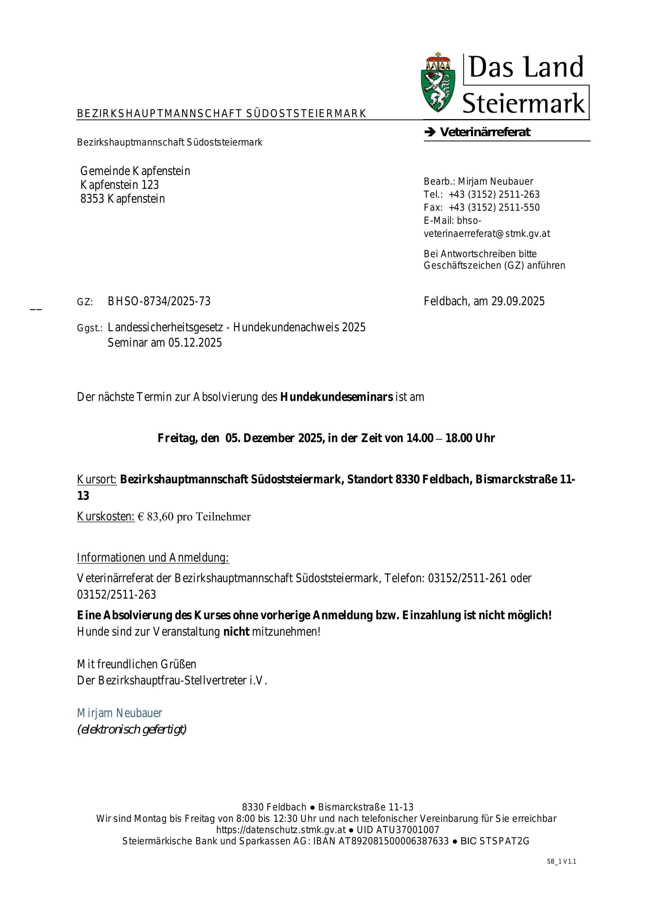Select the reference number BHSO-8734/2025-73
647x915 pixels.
(159, 301)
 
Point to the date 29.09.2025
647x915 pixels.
(517, 301)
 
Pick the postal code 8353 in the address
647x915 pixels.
(92, 199)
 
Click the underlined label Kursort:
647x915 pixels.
(97, 479)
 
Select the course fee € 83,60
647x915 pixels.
(156, 517)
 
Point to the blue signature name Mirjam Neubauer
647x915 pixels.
(119, 713)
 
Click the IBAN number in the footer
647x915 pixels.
(393, 841)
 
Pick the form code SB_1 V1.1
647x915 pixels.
(561, 862)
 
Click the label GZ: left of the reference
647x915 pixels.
(85, 302)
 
